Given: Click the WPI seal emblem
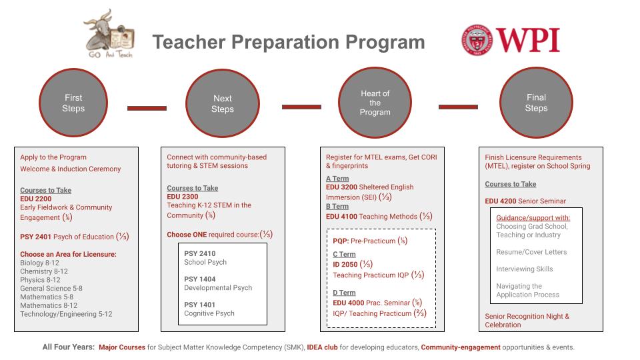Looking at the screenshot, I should click(475, 40).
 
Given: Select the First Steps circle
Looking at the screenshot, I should click(73, 103).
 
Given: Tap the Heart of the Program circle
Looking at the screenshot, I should click(375, 103).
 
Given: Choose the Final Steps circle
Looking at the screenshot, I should click(536, 103).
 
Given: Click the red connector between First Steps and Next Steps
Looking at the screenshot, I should click(147, 107).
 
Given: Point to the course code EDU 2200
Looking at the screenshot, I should click(35, 199).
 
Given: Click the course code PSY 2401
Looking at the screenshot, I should click(35, 237).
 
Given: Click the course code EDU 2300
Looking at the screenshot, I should click(182, 197).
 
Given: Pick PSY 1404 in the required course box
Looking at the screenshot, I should click(199, 279).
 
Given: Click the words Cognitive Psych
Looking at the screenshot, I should click(209, 313).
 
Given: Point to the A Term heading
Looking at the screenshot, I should click(337, 179).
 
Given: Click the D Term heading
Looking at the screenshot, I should click(344, 293).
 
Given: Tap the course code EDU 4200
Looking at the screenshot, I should click(500, 201).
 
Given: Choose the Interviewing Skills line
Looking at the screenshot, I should click(524, 269).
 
